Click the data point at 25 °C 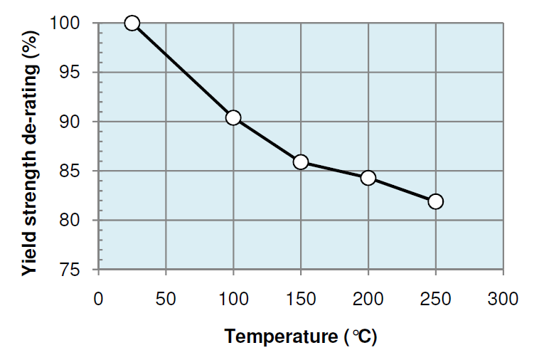point(132,23)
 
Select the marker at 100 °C point(233,117)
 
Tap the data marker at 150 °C point(301,162)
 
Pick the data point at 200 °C point(368,177)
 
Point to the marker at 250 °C point(436,201)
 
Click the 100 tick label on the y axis point(73,23)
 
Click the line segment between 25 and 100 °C point(183,70)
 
